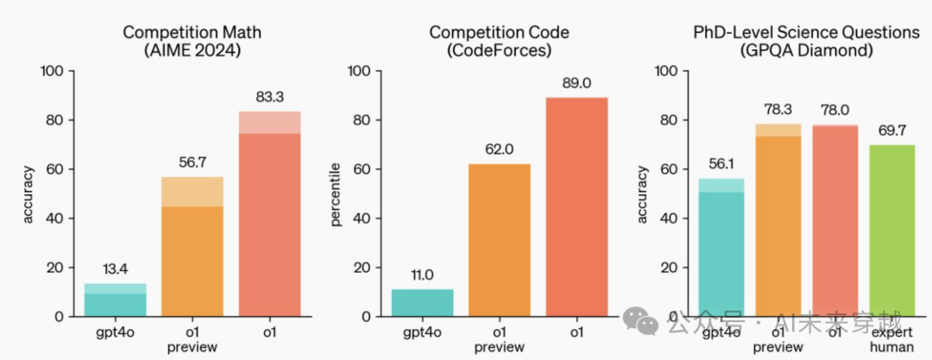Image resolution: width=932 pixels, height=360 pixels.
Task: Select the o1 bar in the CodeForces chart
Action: click(576, 207)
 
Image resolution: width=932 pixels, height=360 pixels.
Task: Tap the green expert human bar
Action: click(891, 231)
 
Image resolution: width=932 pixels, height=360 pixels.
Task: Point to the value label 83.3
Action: click(269, 97)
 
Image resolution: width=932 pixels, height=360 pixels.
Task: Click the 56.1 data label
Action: click(721, 163)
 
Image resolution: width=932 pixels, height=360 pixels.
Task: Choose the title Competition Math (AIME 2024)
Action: click(192, 41)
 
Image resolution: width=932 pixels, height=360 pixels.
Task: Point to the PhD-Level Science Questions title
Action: click(807, 33)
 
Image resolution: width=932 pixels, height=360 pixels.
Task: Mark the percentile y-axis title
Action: click(337, 194)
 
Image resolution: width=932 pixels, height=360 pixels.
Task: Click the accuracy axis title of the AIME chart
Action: click(28, 194)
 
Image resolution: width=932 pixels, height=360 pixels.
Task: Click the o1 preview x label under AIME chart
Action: click(192, 339)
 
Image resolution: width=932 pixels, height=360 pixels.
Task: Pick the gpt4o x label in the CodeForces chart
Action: click(422, 332)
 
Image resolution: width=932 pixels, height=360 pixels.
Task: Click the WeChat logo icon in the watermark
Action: click(648, 321)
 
